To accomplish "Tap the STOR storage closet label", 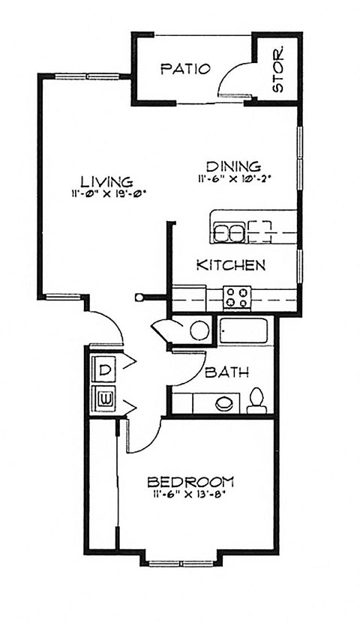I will pyautogui.click(x=278, y=70).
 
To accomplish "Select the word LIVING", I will pyautogui.click(x=107, y=181).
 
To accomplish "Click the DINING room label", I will pyautogui.click(x=233, y=166).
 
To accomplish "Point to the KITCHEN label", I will pyautogui.click(x=230, y=265).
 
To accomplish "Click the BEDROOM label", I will pyautogui.click(x=190, y=481).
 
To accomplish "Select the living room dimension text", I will pyautogui.click(x=107, y=193).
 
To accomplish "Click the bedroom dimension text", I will pyautogui.click(x=190, y=494).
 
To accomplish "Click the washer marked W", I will pyautogui.click(x=105, y=397).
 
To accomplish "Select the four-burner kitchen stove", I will pyautogui.click(x=237, y=297).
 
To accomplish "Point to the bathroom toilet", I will pyautogui.click(x=256, y=401).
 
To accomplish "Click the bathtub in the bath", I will pyautogui.click(x=246, y=330).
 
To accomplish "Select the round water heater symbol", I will pyautogui.click(x=199, y=330).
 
